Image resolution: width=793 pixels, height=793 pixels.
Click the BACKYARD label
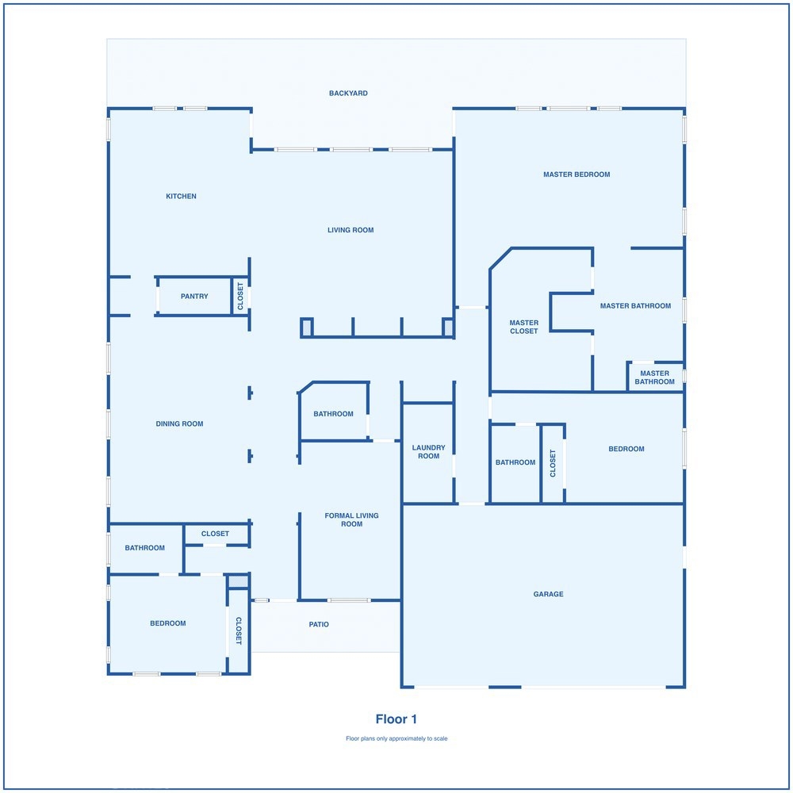pos(348,93)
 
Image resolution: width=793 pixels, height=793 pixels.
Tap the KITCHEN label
pos(181,196)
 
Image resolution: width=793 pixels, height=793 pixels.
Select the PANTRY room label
pos(195,297)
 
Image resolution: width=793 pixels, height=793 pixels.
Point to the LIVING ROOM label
pos(351,230)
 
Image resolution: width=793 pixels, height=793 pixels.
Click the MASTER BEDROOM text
pos(577,174)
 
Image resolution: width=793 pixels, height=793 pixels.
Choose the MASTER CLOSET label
pos(524,327)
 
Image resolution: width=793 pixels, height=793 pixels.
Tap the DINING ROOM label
pos(179,423)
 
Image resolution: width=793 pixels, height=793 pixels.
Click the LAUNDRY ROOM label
pos(428,452)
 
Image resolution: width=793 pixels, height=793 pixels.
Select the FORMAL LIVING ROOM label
pos(351,520)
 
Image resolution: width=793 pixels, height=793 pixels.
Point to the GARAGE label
pos(548,594)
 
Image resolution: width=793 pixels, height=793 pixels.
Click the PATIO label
pos(319,625)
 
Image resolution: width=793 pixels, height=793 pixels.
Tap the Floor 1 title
pos(396,719)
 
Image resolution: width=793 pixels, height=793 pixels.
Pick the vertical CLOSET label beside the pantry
pos(240,297)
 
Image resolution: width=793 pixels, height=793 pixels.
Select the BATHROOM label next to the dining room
pos(333,414)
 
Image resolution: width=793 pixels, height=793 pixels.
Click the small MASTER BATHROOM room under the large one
pos(654,377)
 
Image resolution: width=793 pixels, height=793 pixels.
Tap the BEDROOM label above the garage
pos(626,449)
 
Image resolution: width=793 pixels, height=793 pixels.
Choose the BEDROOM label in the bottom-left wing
pos(168,623)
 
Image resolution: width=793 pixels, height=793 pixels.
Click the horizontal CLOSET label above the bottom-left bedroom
pos(215,534)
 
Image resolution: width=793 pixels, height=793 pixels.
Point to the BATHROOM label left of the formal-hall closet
pos(144,548)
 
